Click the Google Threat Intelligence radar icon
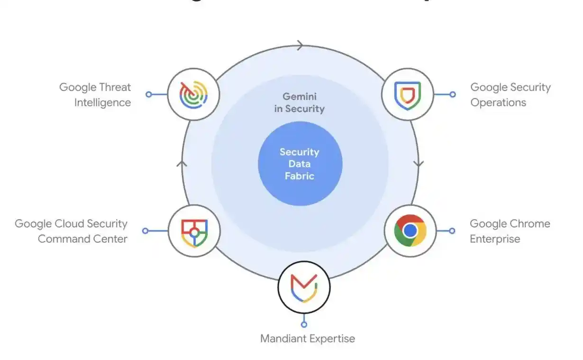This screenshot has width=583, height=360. click(x=193, y=94)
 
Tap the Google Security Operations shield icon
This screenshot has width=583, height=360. click(x=408, y=94)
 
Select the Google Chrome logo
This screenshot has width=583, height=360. click(x=410, y=231)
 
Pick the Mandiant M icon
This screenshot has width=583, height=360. click(x=304, y=287)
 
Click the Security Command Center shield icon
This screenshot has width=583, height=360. click(x=194, y=231)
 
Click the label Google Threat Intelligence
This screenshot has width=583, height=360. click(x=95, y=95)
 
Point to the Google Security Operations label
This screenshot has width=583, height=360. click(x=510, y=95)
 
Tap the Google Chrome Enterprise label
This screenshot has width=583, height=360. click(x=510, y=231)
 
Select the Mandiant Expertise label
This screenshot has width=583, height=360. click(x=308, y=339)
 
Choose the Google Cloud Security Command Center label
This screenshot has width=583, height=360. click(x=71, y=231)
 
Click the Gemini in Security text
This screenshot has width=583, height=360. click(x=300, y=102)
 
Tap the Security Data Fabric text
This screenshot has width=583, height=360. click(x=300, y=164)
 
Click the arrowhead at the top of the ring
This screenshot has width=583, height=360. click(x=300, y=46)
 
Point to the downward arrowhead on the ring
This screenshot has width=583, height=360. click(x=419, y=164)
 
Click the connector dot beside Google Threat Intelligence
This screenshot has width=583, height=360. click(x=149, y=94)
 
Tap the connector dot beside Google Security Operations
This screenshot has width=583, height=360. click(x=453, y=94)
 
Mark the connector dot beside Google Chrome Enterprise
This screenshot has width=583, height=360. click(x=452, y=231)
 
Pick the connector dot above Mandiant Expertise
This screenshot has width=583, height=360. click(x=304, y=324)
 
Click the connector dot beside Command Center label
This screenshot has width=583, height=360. click(x=146, y=231)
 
